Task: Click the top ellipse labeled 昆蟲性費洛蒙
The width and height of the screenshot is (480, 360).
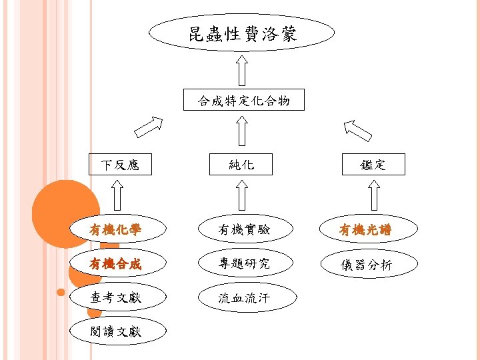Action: point(241,33)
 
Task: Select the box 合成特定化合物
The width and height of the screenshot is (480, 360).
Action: point(243,100)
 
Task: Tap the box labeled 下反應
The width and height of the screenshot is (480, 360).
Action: point(120,164)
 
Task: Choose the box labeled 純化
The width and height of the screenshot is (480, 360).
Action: point(241,164)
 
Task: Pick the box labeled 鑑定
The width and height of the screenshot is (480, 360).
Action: point(373,164)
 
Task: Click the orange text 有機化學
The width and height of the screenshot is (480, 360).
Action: point(116,231)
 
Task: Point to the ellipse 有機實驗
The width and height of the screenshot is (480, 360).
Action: point(244,231)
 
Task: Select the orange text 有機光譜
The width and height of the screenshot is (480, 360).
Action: point(365,231)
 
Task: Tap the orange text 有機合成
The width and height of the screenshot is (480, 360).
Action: point(116,264)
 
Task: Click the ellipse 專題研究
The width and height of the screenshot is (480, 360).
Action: point(244,264)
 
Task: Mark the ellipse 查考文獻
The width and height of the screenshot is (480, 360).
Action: point(116,297)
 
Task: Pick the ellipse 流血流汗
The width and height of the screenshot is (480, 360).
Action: point(244,298)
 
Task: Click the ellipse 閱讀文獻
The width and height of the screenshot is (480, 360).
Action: point(116,331)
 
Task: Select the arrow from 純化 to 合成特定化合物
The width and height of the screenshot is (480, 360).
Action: point(243,131)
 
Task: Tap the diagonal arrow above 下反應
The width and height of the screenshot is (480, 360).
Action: point(147,127)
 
